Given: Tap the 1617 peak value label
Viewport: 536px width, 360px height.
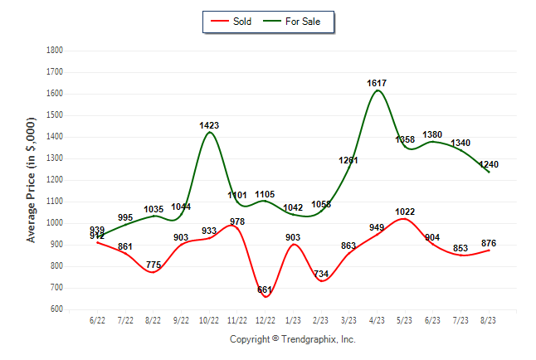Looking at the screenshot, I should pyautogui.click(x=377, y=84).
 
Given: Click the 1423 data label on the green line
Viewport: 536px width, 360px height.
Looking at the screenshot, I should pyautogui.click(x=209, y=125).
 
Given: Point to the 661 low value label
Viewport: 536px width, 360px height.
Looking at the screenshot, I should pyautogui.click(x=265, y=289).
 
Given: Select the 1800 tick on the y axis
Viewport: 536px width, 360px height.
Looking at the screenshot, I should pyautogui.click(x=54, y=51).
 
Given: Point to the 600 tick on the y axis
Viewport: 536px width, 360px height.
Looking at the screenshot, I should pyautogui.click(x=56, y=309).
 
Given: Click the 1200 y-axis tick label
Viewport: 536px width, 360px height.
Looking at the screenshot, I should pyautogui.click(x=54, y=180).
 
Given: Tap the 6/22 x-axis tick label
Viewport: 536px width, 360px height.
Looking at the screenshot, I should pyautogui.click(x=97, y=319).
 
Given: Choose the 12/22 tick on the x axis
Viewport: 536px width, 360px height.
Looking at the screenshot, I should pyautogui.click(x=266, y=319).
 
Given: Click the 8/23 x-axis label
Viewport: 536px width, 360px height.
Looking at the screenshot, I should pyautogui.click(x=490, y=319).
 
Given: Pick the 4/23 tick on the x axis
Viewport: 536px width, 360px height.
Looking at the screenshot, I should pyautogui.click(x=378, y=319).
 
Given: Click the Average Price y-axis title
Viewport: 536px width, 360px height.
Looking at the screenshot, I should pyautogui.click(x=32, y=180).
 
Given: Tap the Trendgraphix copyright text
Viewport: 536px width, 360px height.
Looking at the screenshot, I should pyautogui.click(x=292, y=339).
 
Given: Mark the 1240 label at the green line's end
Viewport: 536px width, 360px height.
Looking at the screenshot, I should pyautogui.click(x=489, y=164).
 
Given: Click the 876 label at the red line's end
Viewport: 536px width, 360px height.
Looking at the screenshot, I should pyautogui.click(x=489, y=242).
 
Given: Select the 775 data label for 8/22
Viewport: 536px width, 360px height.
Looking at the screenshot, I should pyautogui.click(x=153, y=265).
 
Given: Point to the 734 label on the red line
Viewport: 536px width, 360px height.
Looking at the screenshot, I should pyautogui.click(x=321, y=274).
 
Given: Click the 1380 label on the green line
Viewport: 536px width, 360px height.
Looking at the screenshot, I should pyautogui.click(x=433, y=134).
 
